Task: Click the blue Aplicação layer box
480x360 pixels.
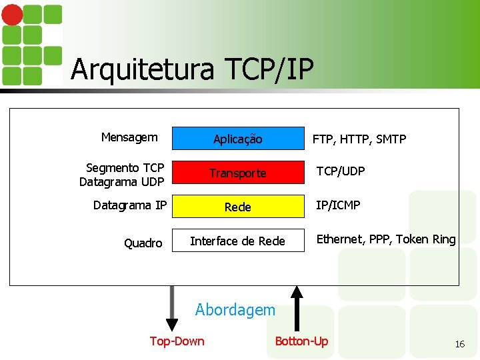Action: [237, 138]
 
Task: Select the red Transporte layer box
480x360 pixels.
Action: [237, 173]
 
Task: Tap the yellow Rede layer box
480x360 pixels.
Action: [237, 207]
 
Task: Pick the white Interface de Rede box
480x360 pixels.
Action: [237, 241]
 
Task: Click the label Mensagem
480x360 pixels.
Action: [129, 137]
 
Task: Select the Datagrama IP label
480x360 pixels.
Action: [130, 205]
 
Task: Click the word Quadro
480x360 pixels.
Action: [143, 243]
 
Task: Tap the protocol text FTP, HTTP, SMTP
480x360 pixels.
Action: [359, 139]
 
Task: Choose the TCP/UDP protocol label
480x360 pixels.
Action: [340, 171]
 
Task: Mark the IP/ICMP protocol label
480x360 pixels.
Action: [338, 205]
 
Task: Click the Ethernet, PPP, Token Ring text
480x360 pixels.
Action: [386, 239]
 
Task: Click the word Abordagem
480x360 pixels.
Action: [235, 310]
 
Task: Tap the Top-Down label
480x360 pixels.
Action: [177, 341]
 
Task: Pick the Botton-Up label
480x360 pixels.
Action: [301, 341]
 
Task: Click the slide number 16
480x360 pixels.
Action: [459, 344]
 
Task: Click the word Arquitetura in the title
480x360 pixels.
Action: [143, 69]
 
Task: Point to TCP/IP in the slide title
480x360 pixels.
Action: [269, 69]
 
